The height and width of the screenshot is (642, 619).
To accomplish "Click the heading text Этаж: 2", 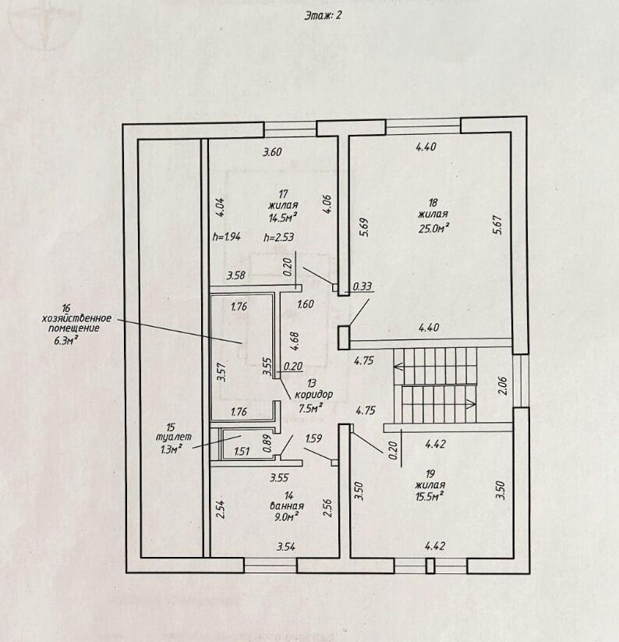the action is point(323,16).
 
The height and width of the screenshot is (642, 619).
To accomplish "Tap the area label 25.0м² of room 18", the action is point(433,228).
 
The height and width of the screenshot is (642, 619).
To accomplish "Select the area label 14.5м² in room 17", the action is point(282,217).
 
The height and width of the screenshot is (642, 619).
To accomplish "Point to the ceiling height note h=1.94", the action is point(227,236).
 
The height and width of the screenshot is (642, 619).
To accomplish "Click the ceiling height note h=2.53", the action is point(278,237).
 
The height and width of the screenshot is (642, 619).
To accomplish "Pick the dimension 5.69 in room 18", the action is point(364,226).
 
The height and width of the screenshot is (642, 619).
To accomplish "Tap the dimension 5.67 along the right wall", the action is point(497,225).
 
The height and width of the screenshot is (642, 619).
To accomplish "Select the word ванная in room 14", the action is point(287,506).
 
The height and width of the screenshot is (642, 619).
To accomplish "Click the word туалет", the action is point(174,437).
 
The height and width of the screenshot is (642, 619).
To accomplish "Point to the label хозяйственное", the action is point(76,318).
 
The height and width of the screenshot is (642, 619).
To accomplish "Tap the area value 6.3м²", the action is point(65,339).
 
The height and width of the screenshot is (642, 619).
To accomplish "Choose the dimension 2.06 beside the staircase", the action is point(503,385).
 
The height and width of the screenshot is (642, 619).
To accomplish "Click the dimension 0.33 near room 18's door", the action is point(362,286).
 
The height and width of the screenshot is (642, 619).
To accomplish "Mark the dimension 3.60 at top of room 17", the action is point(272,152).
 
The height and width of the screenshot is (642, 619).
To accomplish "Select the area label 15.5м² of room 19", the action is point(430,496).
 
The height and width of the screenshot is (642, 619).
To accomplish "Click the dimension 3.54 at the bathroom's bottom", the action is point(286,547).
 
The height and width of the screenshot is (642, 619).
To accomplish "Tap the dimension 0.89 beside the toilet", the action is point(267,443).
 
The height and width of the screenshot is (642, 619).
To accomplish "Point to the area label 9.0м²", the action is point(286,516).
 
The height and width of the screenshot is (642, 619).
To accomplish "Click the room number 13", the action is point(312,384).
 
